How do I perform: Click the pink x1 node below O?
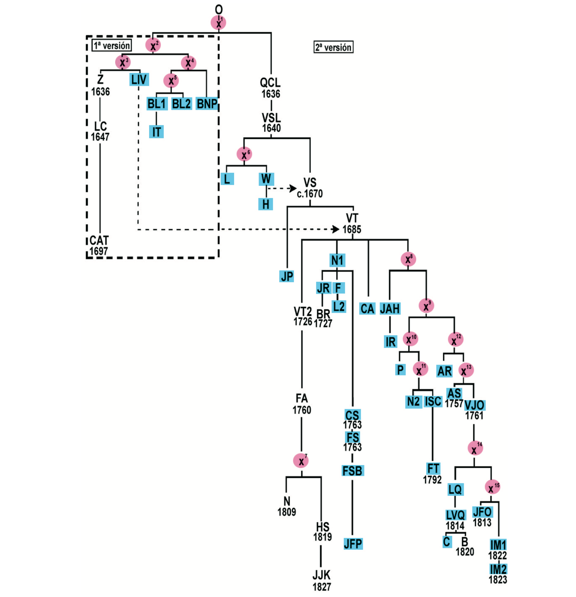click(218, 23)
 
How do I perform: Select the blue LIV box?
click(139, 79)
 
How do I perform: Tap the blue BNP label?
click(207, 103)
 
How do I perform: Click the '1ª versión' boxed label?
click(112, 45)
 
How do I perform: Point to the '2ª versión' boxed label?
click(333, 47)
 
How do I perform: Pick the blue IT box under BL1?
click(156, 132)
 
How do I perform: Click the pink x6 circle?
click(244, 154)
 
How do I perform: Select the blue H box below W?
click(266, 204)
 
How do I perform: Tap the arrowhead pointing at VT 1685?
click(336, 229)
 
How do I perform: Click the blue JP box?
click(287, 276)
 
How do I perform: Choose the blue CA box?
click(367, 309)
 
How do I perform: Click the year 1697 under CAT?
click(98, 251)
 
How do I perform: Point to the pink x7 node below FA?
click(301, 461)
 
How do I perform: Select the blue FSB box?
click(352, 471)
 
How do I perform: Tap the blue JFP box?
click(353, 544)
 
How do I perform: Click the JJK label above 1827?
click(321, 575)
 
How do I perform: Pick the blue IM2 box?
click(498, 569)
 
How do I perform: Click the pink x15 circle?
click(492, 487)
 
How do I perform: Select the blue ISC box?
click(433, 401)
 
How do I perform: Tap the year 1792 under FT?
click(432, 480)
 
